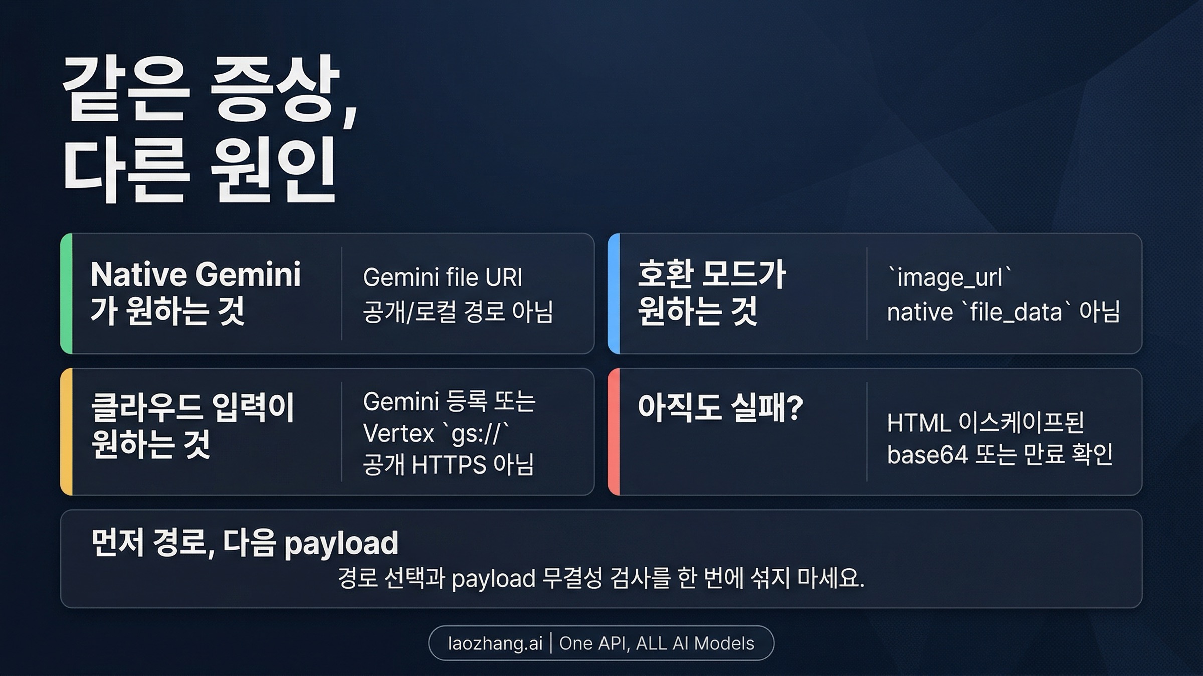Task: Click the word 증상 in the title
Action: [x=273, y=90]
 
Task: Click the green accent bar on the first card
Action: [x=66, y=293]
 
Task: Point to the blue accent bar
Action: [x=614, y=293]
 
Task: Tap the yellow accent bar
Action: [x=66, y=432]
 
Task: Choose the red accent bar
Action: [x=614, y=432]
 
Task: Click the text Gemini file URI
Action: [x=443, y=277]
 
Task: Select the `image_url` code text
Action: [x=949, y=277]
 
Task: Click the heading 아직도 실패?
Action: [x=720, y=407]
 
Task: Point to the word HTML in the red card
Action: [x=918, y=423]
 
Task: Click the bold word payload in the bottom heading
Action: [x=341, y=543]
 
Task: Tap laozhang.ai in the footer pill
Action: [x=495, y=643]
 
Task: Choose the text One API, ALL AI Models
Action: [x=657, y=643]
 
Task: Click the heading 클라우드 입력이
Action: [x=193, y=407]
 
